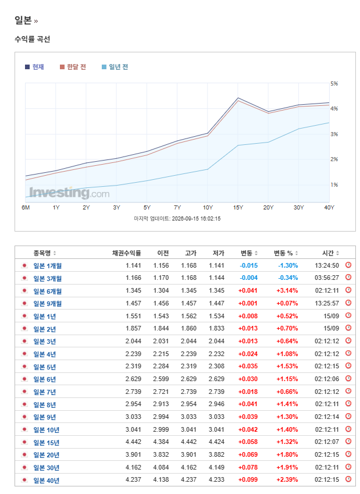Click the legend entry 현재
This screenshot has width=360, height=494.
click(x=34, y=67)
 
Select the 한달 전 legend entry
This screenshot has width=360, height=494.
click(x=73, y=67)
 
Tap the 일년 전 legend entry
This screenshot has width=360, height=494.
click(x=115, y=67)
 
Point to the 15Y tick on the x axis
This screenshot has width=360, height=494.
click(x=238, y=208)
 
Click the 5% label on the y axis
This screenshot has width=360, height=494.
click(x=334, y=84)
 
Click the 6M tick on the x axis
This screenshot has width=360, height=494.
click(x=26, y=208)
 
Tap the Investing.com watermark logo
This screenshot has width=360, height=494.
click(x=69, y=193)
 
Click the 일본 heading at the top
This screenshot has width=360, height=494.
click(x=23, y=20)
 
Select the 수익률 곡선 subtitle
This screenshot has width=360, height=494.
click(x=32, y=39)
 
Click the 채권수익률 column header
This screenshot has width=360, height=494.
click(x=127, y=253)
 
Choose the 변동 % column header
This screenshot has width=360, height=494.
click(x=283, y=253)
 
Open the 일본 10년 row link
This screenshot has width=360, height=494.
click(x=47, y=430)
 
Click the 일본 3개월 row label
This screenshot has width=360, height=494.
click(x=48, y=279)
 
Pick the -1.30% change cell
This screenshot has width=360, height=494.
click(x=288, y=265)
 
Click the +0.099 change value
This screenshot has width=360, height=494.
click(x=248, y=480)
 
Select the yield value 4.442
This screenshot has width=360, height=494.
click(x=133, y=442)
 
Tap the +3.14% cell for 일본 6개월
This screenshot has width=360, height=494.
click(x=287, y=290)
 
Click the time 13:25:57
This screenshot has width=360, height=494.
click(x=327, y=303)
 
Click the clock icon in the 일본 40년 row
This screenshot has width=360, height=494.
click(x=348, y=479)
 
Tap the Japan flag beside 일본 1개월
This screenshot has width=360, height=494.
click(x=24, y=265)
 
